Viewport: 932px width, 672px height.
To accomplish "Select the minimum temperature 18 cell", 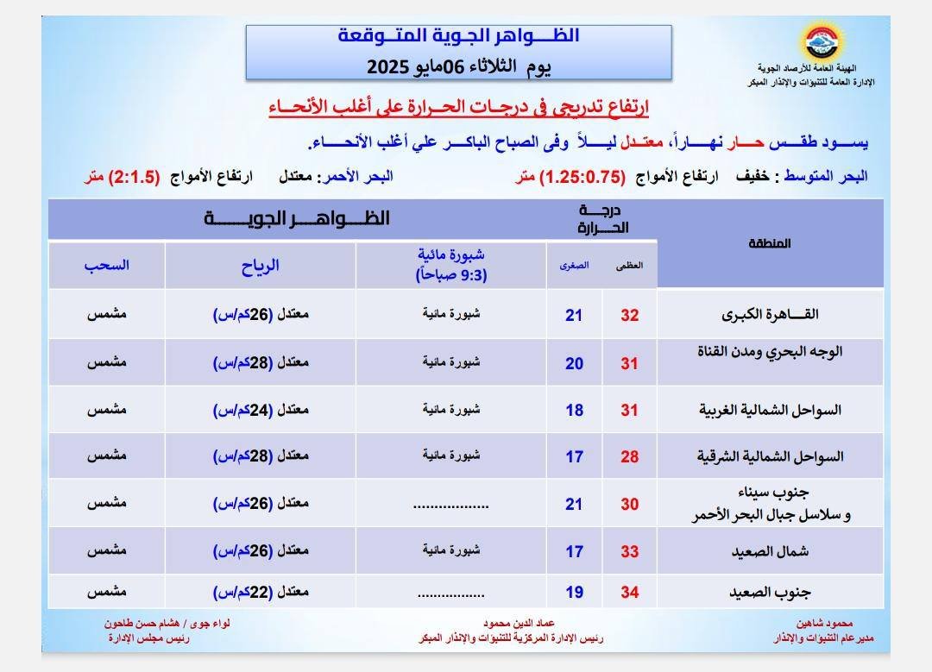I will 575,410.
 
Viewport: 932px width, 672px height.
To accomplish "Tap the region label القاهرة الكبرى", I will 770,315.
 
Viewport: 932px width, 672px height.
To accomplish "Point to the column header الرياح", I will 261,266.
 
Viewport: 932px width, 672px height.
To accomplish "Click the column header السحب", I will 107,266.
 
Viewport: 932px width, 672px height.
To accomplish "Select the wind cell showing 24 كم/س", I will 261,410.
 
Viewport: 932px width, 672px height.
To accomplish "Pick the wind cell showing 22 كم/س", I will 261,593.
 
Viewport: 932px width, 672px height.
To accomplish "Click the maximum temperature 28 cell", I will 630,456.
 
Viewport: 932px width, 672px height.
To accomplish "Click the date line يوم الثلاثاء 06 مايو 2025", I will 458,66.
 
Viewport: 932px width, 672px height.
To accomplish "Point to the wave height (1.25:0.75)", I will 582,177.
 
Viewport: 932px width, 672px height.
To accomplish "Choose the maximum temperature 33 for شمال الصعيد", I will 630,550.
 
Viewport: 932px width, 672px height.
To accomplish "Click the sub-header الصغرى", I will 575,266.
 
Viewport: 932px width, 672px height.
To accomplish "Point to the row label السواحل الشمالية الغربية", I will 770,410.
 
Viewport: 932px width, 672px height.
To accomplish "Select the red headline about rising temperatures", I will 458,107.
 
